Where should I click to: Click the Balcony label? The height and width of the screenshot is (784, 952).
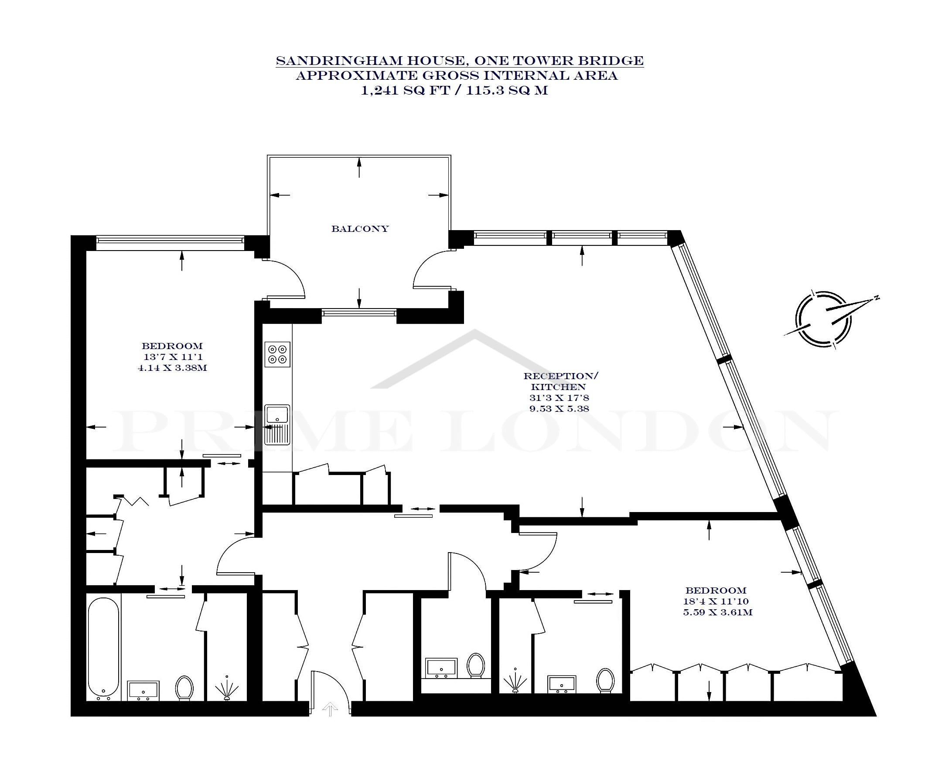point(360,228)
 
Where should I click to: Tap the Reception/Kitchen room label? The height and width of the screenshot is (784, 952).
point(561,381)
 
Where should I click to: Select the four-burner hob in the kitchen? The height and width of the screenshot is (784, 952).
point(277,354)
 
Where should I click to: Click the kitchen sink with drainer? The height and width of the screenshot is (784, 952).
point(277,424)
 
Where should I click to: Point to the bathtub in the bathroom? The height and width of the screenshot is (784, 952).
point(103,649)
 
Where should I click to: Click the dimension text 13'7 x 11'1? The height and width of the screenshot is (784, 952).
point(172,357)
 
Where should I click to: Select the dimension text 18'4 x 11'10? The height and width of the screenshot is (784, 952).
point(716,601)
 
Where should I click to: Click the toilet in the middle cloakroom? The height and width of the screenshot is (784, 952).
point(476,665)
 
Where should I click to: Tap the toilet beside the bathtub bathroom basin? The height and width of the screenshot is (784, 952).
point(184,688)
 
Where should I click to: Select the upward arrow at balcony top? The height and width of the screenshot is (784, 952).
point(359,167)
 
